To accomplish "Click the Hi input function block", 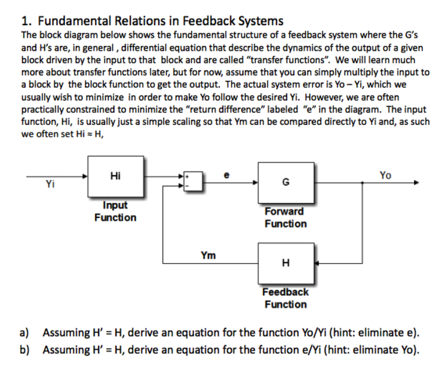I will pos(116,177).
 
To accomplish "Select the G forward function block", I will pos(285,183).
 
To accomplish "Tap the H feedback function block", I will pos(285,263).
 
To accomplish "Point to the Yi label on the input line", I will pos(51,185).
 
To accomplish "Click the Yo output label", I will pos(386,175).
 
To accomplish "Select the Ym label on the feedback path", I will pos(208,256).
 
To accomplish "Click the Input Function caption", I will pos(115,212).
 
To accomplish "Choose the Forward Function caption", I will pos(286,217).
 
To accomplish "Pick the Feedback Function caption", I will pos(286,298).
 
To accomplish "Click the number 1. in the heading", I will pos(26,22).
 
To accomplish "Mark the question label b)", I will pos(26,350).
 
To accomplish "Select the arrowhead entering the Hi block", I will pos(84,176).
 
